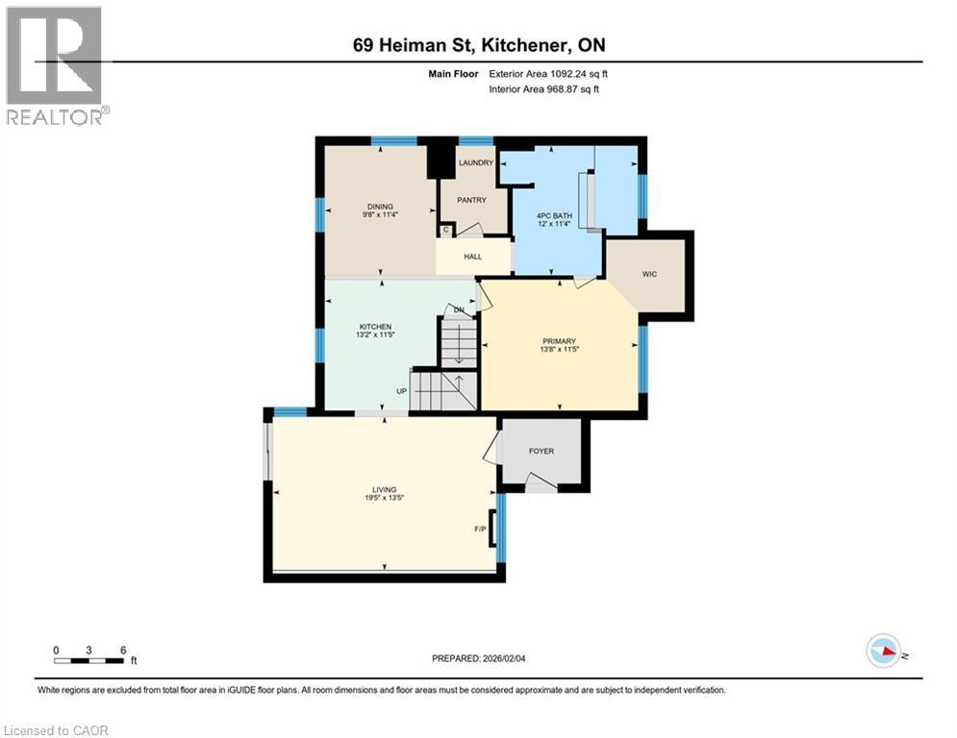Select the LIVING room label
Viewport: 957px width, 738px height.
[385, 489]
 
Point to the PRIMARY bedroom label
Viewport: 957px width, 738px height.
[559, 341]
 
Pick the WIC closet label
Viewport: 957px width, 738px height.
[649, 274]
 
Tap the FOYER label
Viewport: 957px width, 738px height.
[541, 451]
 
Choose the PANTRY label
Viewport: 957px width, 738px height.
[471, 200]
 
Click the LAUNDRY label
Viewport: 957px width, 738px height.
[475, 163]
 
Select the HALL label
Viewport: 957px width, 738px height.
[472, 257]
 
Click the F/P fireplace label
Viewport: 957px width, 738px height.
[480, 529]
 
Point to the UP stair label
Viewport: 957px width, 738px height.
[403, 391]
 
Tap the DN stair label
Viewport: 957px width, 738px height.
[460, 310]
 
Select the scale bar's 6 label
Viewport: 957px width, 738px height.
[123, 650]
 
